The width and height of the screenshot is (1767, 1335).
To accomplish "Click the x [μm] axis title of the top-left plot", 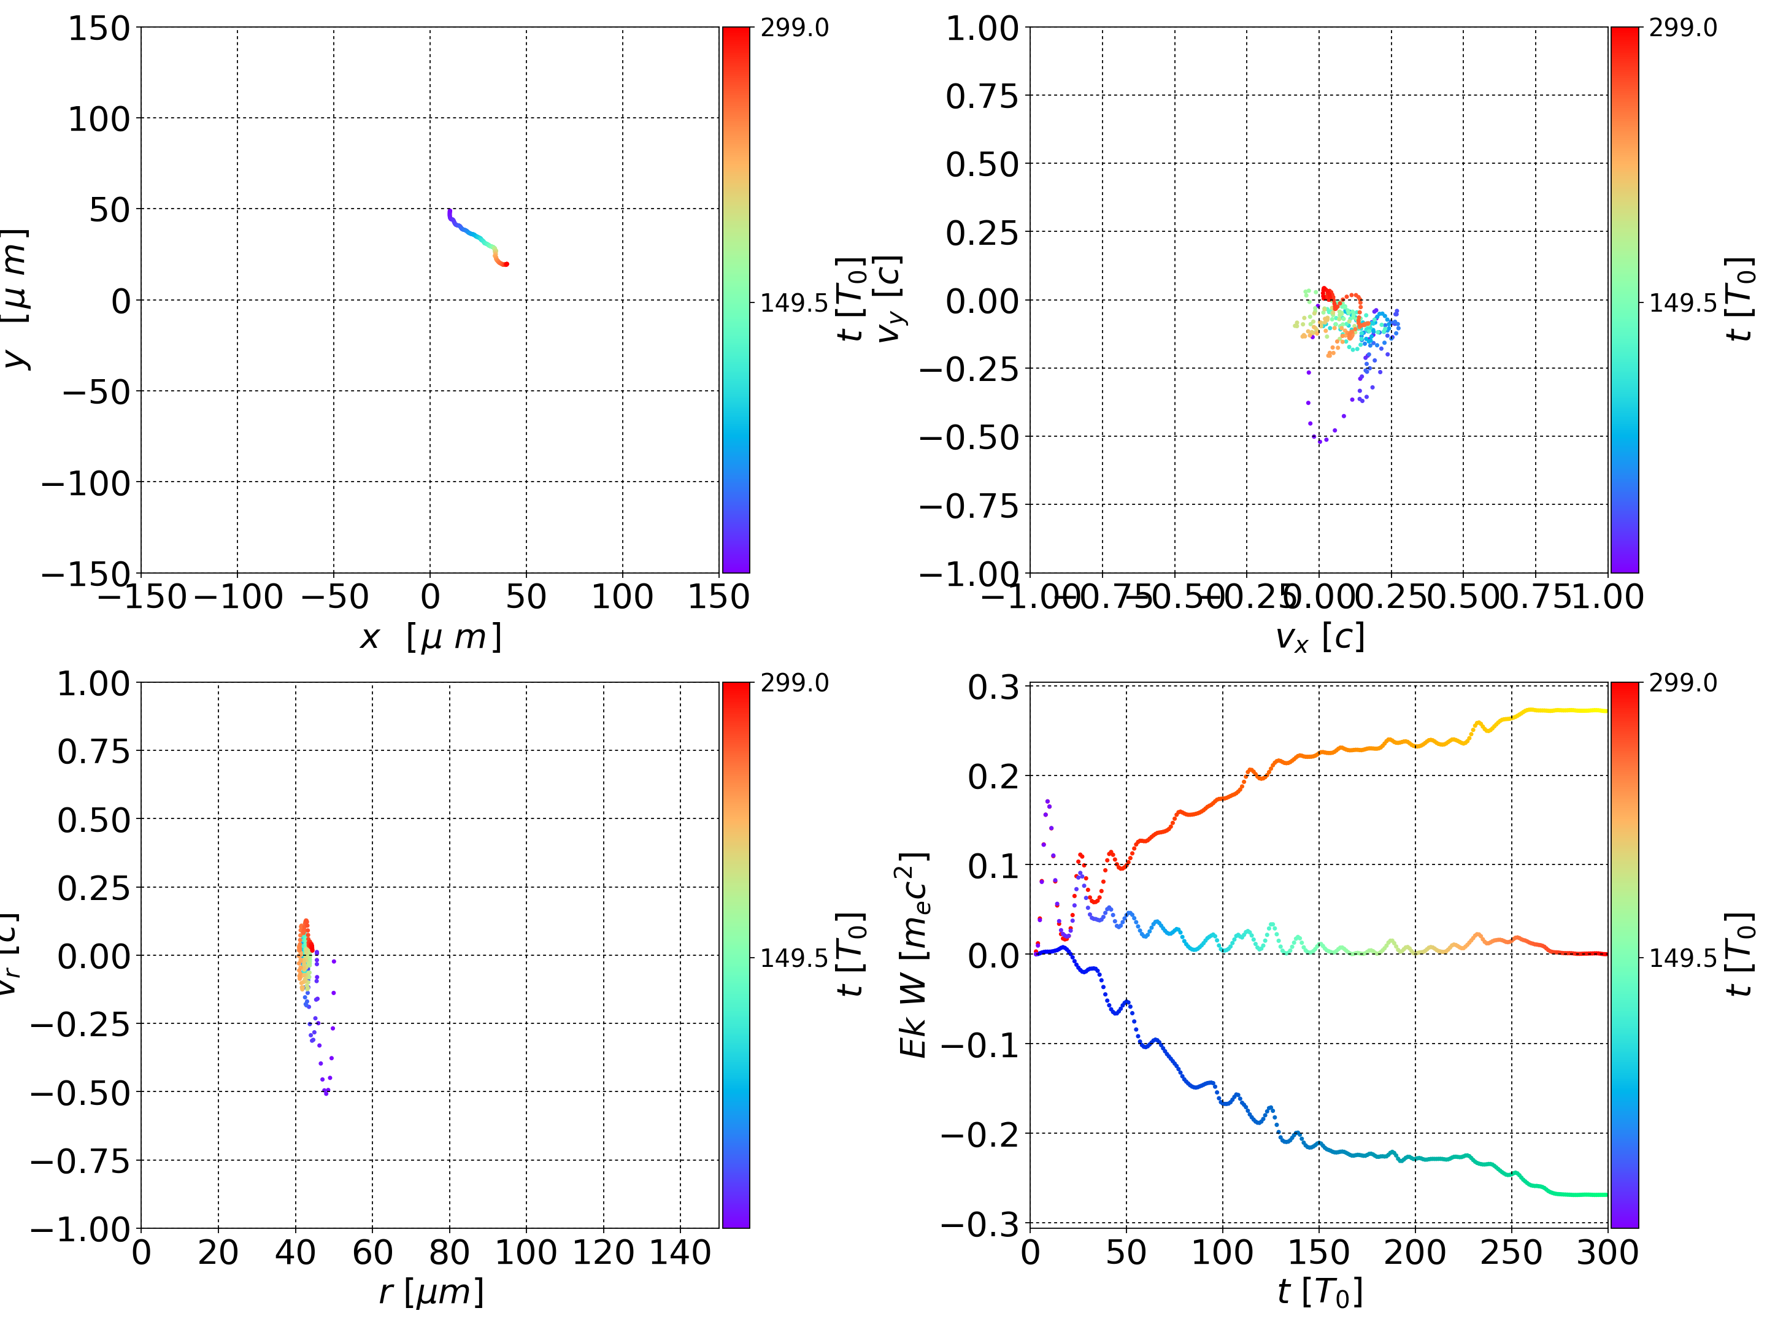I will pos(431,637).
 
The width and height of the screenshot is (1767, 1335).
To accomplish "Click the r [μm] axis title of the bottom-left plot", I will pos(431,1293).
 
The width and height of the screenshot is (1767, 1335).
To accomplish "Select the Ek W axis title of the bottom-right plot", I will pos(913,955).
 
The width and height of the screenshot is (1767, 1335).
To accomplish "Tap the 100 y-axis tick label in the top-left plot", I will pos(98,119).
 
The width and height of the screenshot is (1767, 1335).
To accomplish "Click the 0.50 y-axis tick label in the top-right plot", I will pos(982,164).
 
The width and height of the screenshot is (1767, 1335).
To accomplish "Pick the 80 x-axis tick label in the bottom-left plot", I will pos(449,1253).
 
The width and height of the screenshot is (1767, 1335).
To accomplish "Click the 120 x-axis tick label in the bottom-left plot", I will pos(603,1253).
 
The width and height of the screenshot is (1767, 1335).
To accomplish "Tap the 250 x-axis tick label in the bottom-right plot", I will pos(1511,1253).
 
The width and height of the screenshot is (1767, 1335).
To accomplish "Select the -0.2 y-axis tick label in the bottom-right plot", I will pos(980,1134).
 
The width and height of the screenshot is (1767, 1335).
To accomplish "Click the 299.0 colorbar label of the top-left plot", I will pos(794,28).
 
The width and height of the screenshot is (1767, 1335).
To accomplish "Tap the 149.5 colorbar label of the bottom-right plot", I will pos(1682,957).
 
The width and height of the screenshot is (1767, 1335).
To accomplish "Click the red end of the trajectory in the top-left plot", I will pos(506,264).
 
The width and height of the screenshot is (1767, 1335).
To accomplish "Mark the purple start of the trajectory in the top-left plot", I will pos(450,211).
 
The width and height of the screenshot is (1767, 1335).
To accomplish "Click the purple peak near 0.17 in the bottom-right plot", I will pos(1047,801).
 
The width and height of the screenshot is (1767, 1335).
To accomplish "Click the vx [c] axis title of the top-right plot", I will pos(1320,637).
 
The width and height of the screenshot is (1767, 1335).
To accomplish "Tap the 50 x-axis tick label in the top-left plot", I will pos(526,598).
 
